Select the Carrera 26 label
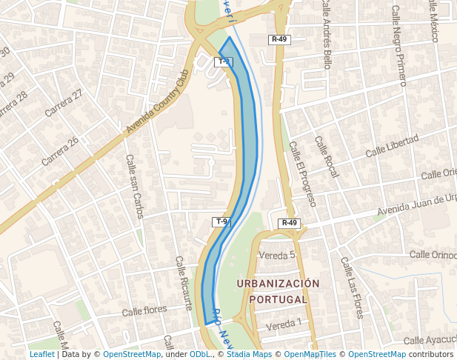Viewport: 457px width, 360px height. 61,151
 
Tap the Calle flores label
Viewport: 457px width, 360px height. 145,311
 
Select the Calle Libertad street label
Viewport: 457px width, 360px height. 392,146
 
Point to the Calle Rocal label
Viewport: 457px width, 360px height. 327,156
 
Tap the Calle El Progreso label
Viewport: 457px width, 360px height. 302,174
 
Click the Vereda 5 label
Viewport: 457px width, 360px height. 277,255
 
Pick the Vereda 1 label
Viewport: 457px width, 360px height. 284,323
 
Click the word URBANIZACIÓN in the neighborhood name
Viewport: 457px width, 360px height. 278,284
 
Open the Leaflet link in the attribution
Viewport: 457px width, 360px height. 41,355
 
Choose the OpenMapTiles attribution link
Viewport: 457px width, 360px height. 310,355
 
